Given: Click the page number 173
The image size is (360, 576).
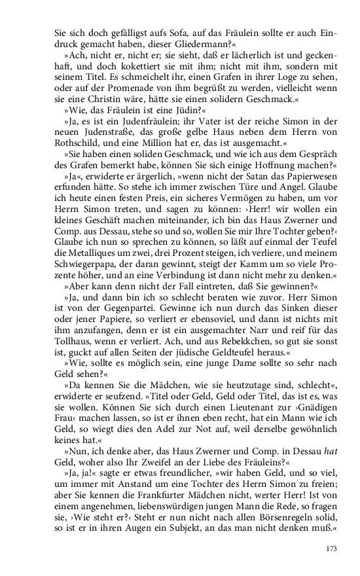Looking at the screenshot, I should pos(331,549).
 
